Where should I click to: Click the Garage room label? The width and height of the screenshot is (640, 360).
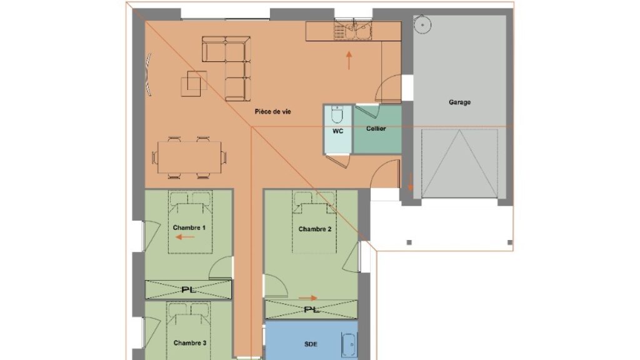[459, 102]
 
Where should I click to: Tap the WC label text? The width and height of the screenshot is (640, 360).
[337, 131]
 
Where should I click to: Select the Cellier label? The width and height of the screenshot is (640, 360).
[376, 128]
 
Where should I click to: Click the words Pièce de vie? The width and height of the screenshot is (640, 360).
[272, 111]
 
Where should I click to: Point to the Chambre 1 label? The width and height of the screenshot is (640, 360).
[189, 227]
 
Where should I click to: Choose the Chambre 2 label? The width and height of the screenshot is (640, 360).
[315, 229]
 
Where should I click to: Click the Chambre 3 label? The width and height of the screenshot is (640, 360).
[190, 343]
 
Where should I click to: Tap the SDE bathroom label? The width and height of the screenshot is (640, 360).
[311, 344]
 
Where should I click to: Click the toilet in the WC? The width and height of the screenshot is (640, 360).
[337, 114]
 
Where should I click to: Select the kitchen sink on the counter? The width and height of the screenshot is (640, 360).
[353, 30]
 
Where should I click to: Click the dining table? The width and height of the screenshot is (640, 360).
[190, 157]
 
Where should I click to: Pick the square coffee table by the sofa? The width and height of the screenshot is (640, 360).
[194, 84]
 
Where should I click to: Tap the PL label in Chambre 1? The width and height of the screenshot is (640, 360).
[188, 290]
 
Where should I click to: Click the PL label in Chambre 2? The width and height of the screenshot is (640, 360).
[311, 309]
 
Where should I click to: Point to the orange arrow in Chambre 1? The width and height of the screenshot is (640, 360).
[185, 237]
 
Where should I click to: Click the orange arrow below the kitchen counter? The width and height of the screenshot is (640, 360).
[349, 61]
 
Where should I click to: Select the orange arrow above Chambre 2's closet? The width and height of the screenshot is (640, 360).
[308, 298]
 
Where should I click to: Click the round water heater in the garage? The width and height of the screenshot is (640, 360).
[422, 25]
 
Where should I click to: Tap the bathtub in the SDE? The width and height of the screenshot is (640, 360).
[349, 345]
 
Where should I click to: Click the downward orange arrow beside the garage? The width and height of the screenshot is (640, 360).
[410, 182]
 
